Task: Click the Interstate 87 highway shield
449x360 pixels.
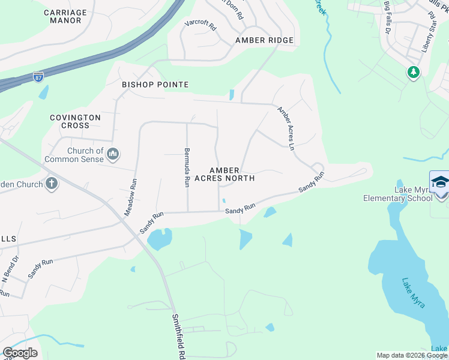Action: [x=38, y=76]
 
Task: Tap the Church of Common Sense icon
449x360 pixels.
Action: [x=113, y=155]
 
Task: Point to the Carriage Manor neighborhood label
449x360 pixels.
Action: [x=65, y=16]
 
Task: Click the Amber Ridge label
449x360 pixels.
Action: [x=264, y=40]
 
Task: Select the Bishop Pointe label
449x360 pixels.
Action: [x=155, y=85]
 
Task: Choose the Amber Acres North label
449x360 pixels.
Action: [x=232, y=174]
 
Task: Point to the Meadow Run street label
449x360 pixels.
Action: [x=131, y=197]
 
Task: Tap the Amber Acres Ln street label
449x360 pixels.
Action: [x=286, y=128]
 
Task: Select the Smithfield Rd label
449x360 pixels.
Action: [x=177, y=336]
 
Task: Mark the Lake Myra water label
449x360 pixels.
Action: [x=413, y=292]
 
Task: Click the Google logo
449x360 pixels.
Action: [x=20, y=352]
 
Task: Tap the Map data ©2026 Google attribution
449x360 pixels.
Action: [x=412, y=355]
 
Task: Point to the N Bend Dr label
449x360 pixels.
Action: [x=10, y=269]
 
